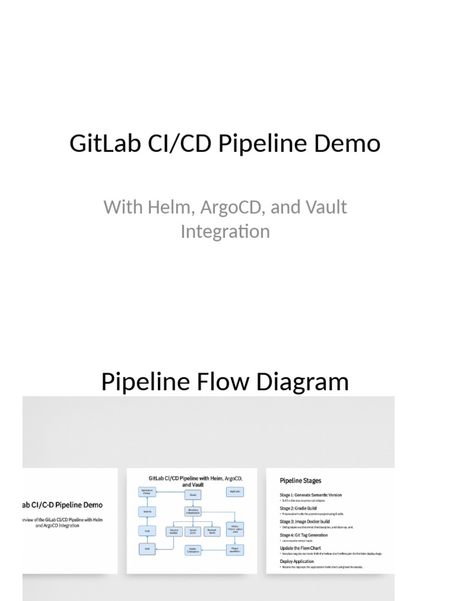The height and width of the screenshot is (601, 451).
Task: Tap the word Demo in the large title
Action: click(353, 143)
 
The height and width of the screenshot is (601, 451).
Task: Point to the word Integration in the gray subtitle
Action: click(225, 231)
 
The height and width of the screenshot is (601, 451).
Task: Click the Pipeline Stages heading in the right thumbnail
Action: click(300, 481)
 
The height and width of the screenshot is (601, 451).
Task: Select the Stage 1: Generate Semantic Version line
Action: click(311, 495)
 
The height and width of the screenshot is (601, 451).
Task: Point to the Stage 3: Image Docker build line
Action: click(305, 521)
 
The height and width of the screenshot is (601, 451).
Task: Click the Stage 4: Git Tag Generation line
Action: click(304, 535)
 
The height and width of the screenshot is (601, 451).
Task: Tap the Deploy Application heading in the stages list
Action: click(297, 561)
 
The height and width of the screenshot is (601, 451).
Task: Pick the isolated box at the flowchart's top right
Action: click(235, 491)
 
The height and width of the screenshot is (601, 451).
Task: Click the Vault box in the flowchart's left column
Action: click(147, 531)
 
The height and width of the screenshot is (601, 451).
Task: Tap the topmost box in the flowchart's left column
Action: click(147, 492)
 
